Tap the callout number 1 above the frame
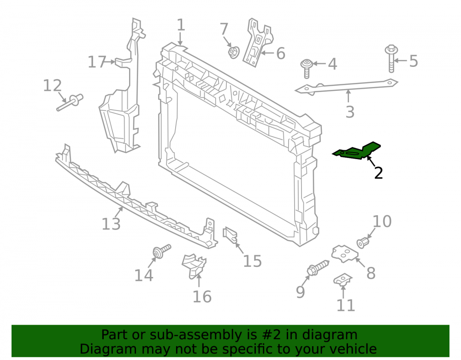[181, 25]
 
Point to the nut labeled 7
[234, 53]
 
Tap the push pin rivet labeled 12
[70, 103]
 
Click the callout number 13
[111, 224]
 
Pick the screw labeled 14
[161, 251]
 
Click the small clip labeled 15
[230, 235]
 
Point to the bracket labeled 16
[194, 266]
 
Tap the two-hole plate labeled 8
[344, 254]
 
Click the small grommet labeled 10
[363, 242]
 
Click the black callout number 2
[378, 173]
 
